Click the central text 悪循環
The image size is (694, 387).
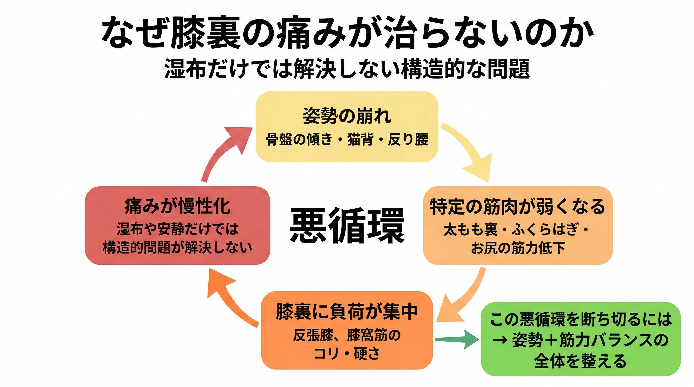tap(347, 225)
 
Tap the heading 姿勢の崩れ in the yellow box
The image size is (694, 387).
tap(347, 116)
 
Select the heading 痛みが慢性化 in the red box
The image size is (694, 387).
tap(178, 206)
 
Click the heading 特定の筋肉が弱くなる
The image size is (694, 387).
tap(517, 206)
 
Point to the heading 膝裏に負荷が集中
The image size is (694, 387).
tap(347, 312)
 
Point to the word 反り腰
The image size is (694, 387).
tap(408, 140)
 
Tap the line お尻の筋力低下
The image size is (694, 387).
tap(517, 248)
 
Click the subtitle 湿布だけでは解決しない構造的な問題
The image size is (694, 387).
tap(347, 69)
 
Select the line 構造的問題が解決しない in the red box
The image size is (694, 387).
tap(178, 248)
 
